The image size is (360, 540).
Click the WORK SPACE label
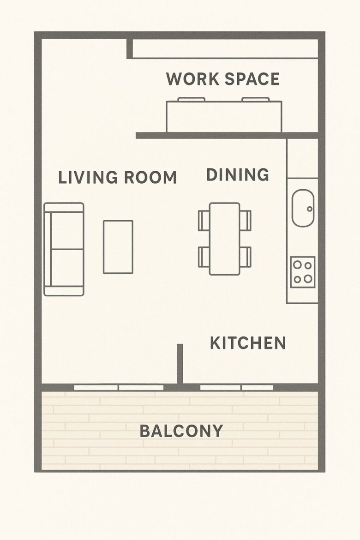tap(222, 79)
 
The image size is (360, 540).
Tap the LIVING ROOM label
tap(118, 177)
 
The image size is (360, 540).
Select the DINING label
tap(237, 174)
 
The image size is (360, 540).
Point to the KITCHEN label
tap(248, 343)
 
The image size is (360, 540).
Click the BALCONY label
tap(181, 431)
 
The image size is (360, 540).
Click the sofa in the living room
tap(64, 249)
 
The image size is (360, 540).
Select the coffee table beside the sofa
tap(118, 247)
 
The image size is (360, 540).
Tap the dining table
tap(225, 239)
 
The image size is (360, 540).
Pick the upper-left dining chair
tap(204, 221)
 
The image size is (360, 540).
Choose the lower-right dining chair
tap(246, 257)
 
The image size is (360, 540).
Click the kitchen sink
tap(303, 208)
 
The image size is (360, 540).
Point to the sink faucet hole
tap(309, 209)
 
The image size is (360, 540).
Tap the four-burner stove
tap(303, 272)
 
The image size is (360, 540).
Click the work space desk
tap(224, 116)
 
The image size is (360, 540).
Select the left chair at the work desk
tap(192, 100)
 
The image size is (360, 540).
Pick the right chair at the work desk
tap(255, 100)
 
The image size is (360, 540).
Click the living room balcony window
tap(119, 387)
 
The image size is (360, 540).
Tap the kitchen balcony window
tap(237, 387)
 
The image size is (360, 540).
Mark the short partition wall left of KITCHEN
tap(180, 364)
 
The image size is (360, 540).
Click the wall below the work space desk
tap(227, 135)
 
